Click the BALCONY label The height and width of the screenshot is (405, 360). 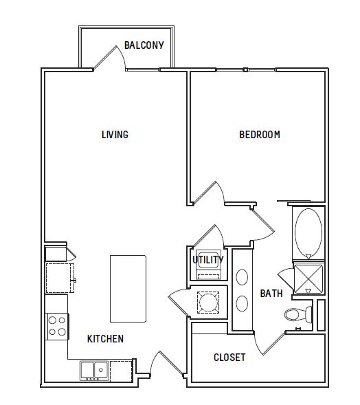coord(144,45)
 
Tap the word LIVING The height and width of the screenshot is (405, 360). coord(115,135)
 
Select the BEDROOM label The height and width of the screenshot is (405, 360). coord(260,135)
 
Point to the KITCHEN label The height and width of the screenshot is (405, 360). coord(105,338)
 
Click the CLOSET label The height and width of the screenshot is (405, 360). coord(229,358)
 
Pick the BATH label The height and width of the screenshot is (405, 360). coord(271,294)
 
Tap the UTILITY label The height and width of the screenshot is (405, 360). coord(208,260)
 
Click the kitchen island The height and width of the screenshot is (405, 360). coord(128,289)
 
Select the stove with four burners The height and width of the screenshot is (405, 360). coord(57,327)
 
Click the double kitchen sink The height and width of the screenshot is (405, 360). coord(94,371)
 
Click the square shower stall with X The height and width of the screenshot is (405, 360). coord(308,279)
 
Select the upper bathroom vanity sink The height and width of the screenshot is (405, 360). coord(242,277)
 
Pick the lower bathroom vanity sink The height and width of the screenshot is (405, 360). coord(242,303)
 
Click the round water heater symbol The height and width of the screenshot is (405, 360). coord(208,303)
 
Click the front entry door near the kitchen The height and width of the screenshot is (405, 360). coord(167,363)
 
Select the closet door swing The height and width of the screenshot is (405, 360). coord(269,344)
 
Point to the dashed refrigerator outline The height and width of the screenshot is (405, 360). coord(60,278)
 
